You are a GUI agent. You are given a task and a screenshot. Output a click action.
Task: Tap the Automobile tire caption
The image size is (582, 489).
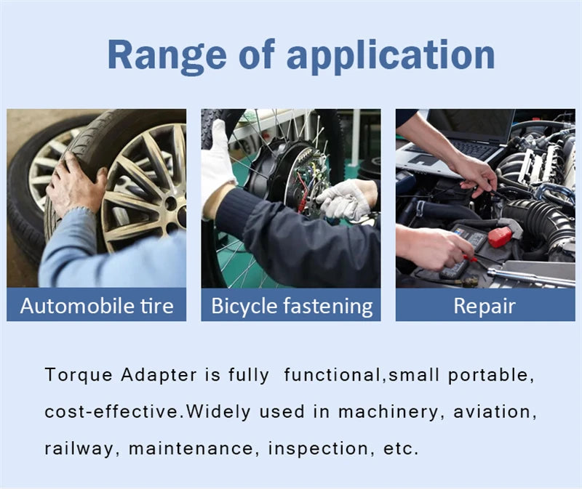[97, 305]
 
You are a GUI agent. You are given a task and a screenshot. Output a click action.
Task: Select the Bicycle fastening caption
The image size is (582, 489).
[291, 305]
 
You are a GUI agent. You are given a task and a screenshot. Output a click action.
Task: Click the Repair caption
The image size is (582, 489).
[485, 305]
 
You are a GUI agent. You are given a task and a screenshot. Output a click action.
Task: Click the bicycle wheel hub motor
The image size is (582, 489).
[284, 174]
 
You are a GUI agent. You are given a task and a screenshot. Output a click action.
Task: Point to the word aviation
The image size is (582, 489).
[495, 411]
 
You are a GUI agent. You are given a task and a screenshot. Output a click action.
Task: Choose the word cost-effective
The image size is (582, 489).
[111, 411]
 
